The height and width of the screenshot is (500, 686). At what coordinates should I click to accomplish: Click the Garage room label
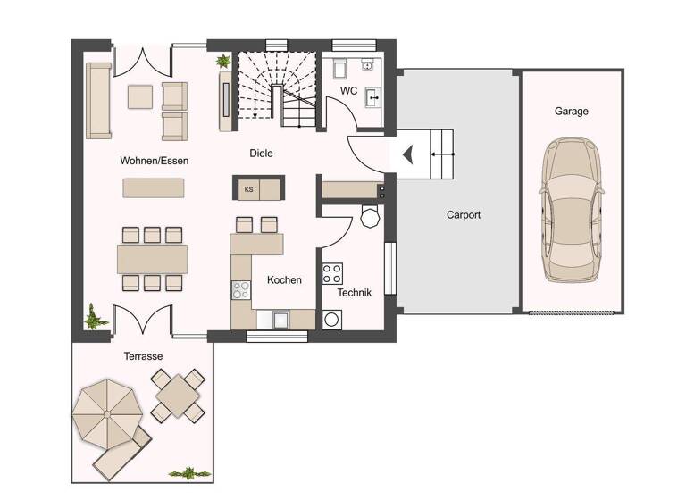point(572,112)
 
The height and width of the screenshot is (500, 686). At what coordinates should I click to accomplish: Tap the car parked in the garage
point(572,208)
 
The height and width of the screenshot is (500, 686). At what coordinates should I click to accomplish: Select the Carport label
point(464,215)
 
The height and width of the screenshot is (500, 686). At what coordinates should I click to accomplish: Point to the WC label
point(350,90)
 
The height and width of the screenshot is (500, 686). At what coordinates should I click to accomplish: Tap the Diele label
point(261,154)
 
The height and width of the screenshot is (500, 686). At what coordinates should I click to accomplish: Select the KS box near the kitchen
point(248,189)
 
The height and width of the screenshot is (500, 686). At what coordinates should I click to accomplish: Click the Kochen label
point(284,279)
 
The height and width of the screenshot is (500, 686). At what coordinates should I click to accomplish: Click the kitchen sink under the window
point(279,318)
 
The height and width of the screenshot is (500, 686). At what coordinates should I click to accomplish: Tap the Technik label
point(353,292)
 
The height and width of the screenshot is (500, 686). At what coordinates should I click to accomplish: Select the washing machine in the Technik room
point(333,319)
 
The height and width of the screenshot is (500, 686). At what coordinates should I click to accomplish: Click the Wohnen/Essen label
point(155,161)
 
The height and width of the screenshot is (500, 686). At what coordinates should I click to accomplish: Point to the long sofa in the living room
point(98,100)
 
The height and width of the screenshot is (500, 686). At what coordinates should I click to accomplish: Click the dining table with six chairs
point(153,259)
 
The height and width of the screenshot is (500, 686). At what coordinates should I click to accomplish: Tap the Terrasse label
point(143,356)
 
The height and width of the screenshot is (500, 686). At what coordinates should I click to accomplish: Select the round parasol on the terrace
point(106,413)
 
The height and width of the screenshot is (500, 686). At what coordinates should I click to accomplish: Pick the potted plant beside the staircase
point(222,62)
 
